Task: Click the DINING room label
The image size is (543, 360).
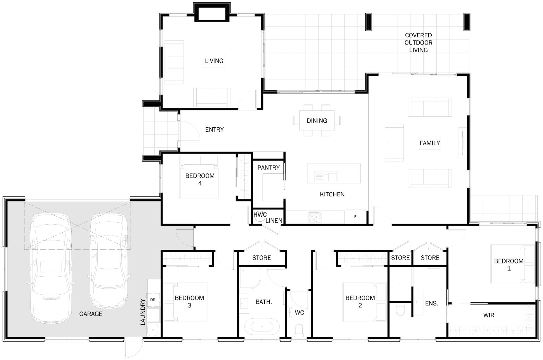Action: [x=317, y=121]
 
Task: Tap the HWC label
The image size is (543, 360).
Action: [x=260, y=215]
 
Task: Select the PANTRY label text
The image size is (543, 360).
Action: [x=269, y=168]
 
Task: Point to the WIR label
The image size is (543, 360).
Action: [x=489, y=315]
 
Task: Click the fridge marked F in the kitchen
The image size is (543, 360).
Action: [x=355, y=217]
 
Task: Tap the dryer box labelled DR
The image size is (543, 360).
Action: [x=153, y=300]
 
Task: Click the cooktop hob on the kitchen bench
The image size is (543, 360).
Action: [x=315, y=217]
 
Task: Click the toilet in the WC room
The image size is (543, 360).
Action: [x=299, y=330]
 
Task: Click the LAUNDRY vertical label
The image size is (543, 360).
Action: [x=143, y=312]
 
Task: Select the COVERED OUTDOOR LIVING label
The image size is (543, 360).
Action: [x=419, y=43]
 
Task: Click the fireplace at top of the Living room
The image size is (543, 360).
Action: [x=212, y=12]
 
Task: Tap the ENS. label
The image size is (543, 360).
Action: [x=432, y=303]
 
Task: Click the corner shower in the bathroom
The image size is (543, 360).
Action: [x=250, y=278]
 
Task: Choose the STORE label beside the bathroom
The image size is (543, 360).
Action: [x=262, y=258]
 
